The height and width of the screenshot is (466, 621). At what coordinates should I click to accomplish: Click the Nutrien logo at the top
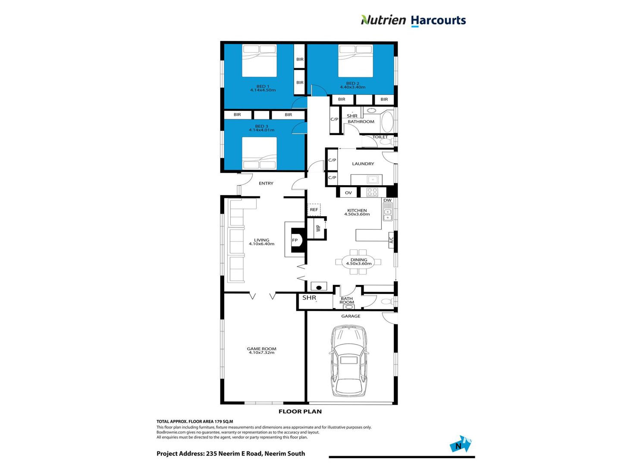pos(383,20)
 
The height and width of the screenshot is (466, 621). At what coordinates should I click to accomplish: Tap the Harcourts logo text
pos(438,21)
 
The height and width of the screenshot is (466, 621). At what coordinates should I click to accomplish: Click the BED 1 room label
pos(263,86)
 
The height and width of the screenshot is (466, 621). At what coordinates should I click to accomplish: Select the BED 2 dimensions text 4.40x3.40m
pos(352,87)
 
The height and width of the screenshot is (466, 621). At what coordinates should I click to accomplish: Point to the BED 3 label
pos(261,126)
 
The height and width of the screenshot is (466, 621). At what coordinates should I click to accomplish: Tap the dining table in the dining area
pos(358,262)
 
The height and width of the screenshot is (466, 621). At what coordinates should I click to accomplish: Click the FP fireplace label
pos(295,240)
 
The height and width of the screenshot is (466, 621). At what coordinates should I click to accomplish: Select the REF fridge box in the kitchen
pos(314,210)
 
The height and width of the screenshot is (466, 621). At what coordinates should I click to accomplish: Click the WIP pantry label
pos(318,228)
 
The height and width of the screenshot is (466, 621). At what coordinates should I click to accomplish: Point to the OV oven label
pos(348,193)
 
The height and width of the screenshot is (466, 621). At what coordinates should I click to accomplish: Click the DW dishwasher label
pos(387,200)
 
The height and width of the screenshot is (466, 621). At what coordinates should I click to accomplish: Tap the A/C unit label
pos(391,240)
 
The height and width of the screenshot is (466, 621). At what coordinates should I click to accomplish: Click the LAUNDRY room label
pos(363,164)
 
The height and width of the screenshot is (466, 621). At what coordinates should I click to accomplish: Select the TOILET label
pos(379,137)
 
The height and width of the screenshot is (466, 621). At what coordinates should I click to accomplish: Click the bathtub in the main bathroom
pos(387,122)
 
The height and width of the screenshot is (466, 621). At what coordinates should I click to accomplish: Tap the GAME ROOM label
pos(261,349)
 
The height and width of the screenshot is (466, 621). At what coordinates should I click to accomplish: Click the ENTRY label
pos(266,183)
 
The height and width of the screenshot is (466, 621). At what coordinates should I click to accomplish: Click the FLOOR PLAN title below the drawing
pos(300,412)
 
